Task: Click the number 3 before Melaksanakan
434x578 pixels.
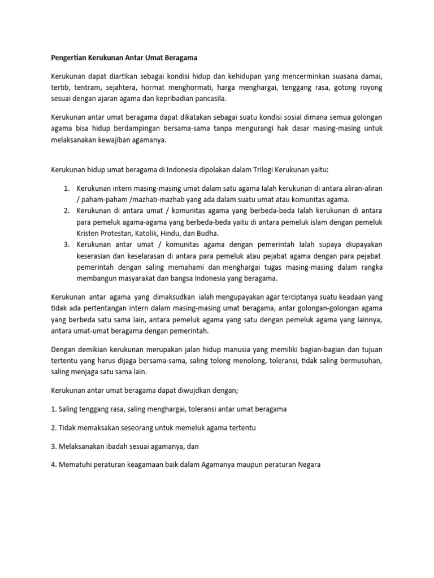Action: [x=53, y=446]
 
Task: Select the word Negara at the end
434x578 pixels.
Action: [x=307, y=465]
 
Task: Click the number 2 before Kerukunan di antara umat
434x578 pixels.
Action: [x=66, y=211]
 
